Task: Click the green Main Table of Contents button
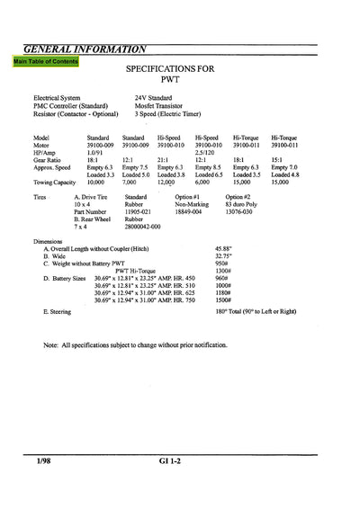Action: click(46, 62)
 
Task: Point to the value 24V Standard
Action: click(157, 97)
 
